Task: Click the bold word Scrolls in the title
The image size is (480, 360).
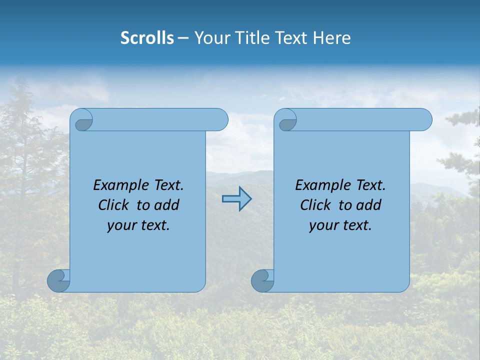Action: pyautogui.click(x=147, y=38)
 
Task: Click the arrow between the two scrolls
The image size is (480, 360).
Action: pyautogui.click(x=236, y=198)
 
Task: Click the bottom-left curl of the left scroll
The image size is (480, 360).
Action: pyautogui.click(x=58, y=280)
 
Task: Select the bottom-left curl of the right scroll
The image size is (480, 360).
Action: pyautogui.click(x=262, y=280)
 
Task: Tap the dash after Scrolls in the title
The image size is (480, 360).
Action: pyautogui.click(x=183, y=38)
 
